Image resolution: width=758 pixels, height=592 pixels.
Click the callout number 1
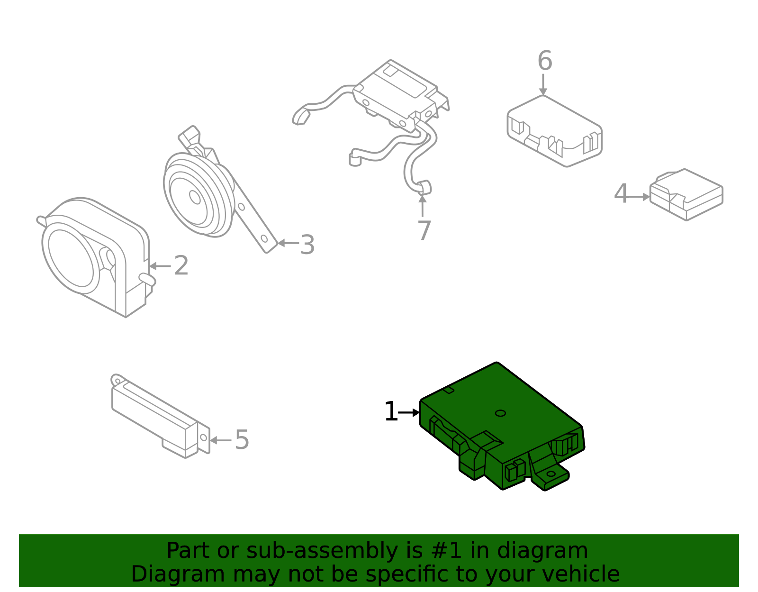(390, 412)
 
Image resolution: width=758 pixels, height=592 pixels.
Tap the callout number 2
(181, 266)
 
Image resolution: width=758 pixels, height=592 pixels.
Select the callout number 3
(307, 245)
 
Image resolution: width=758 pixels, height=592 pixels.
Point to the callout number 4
(621, 194)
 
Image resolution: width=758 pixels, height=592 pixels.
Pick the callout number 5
(242, 440)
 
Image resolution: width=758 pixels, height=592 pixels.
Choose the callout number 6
(544, 61)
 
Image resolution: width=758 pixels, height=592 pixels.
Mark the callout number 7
(424, 231)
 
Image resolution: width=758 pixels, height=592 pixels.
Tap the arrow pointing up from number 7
(422, 205)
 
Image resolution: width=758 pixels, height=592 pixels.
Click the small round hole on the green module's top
(500, 413)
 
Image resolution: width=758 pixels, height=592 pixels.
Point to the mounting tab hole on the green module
(551, 474)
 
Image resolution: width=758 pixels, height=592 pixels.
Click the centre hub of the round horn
(195, 196)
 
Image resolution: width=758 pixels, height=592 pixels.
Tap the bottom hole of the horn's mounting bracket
(264, 238)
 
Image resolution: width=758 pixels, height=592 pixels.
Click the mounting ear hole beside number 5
(203, 437)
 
